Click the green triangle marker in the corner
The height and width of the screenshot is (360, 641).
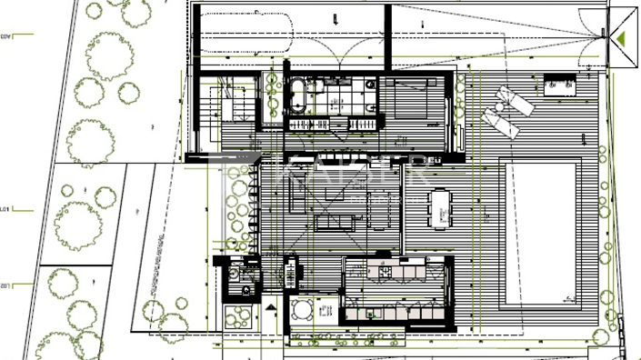(x=624, y=39)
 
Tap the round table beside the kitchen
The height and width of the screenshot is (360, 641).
(x=303, y=308)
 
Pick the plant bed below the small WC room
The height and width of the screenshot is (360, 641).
(x=238, y=317)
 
